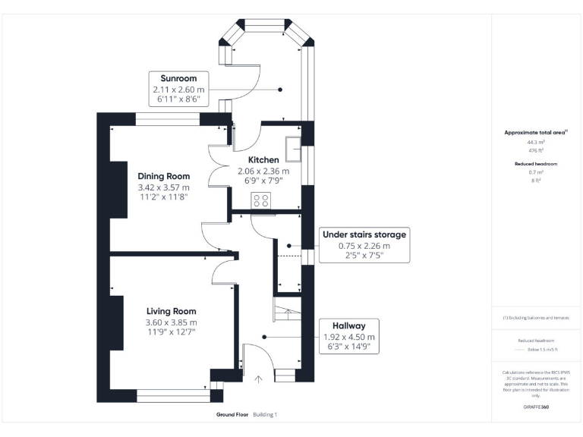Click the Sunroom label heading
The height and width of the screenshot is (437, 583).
[x=178, y=78]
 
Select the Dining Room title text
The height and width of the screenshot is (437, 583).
[x=163, y=176]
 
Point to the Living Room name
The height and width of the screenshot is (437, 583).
[x=171, y=311]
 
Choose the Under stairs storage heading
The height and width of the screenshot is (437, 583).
[x=364, y=234]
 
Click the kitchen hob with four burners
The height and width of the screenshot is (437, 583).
[x=261, y=200]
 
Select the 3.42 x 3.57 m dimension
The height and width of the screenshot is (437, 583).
[x=163, y=187]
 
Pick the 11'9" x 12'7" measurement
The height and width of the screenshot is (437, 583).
[x=171, y=334]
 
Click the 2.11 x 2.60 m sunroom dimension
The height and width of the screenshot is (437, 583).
[x=178, y=90]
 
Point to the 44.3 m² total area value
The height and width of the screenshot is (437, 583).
[x=536, y=142]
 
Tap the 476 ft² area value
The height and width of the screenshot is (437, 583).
[x=536, y=150]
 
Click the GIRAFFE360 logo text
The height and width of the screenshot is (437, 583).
[x=536, y=407]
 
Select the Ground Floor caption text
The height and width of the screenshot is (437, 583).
[x=232, y=415]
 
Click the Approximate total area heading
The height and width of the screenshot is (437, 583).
[x=534, y=133]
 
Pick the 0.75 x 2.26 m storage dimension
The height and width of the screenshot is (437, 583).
[x=364, y=246]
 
